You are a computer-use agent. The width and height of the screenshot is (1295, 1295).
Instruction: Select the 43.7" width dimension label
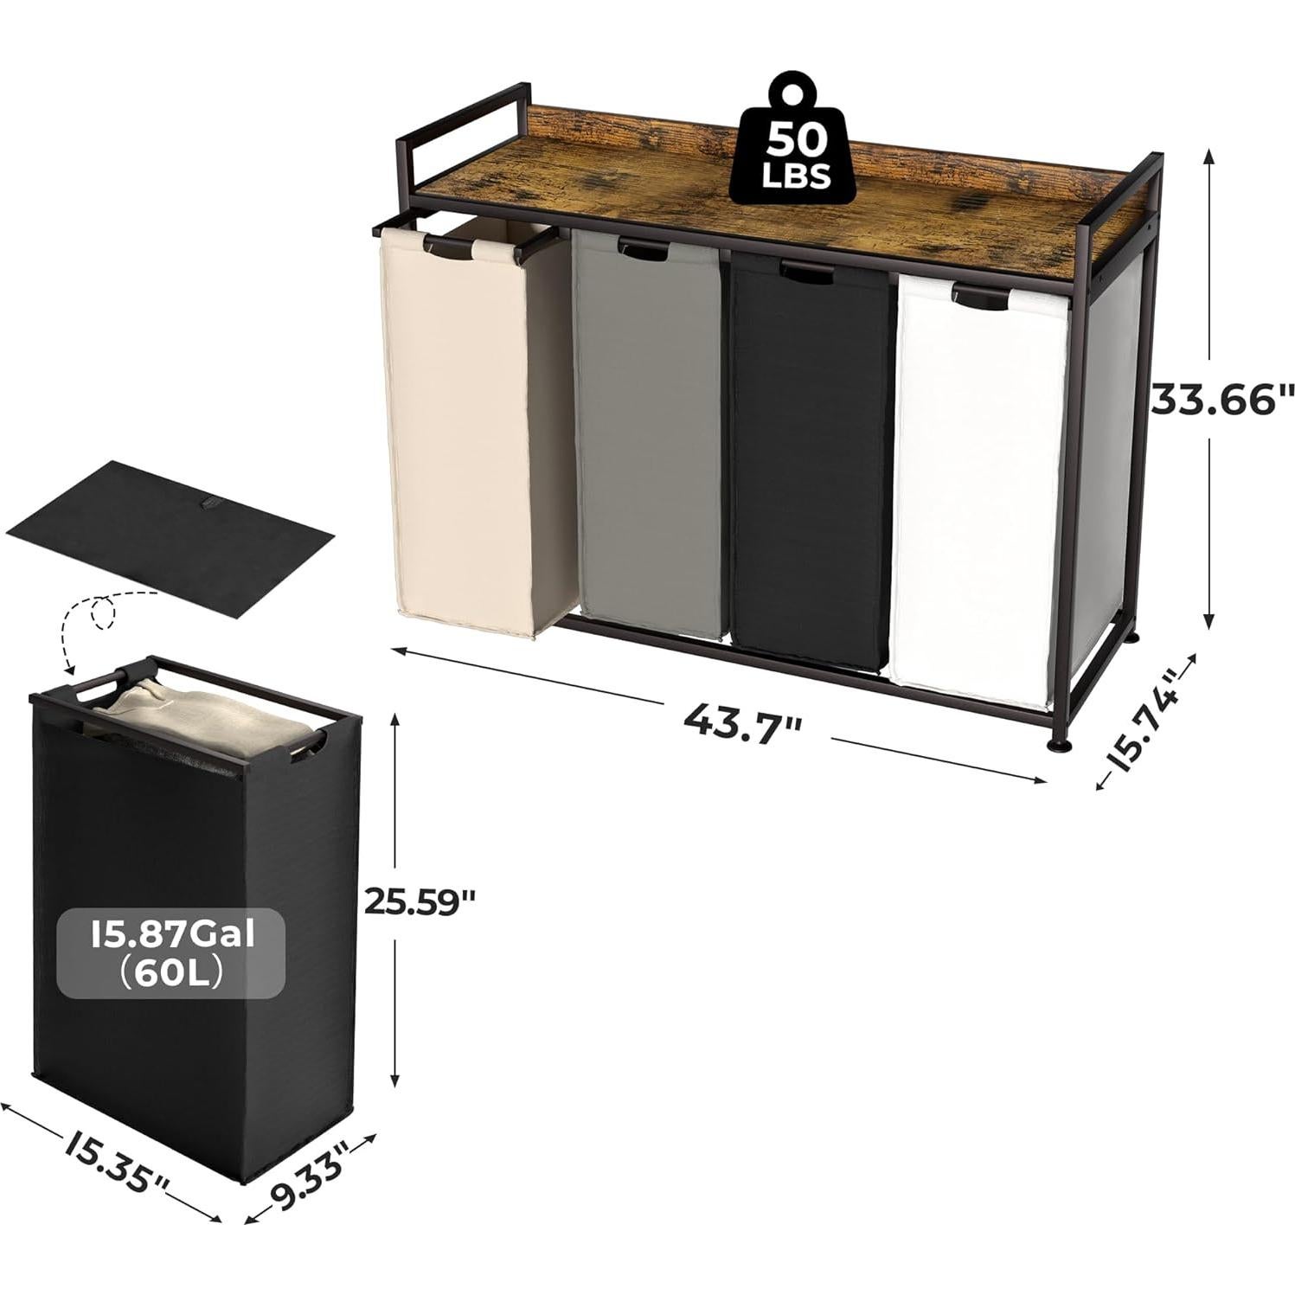743,717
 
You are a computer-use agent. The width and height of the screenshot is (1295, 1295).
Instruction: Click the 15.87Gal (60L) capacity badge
170,953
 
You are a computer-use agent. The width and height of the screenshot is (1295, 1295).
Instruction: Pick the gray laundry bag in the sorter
646,433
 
